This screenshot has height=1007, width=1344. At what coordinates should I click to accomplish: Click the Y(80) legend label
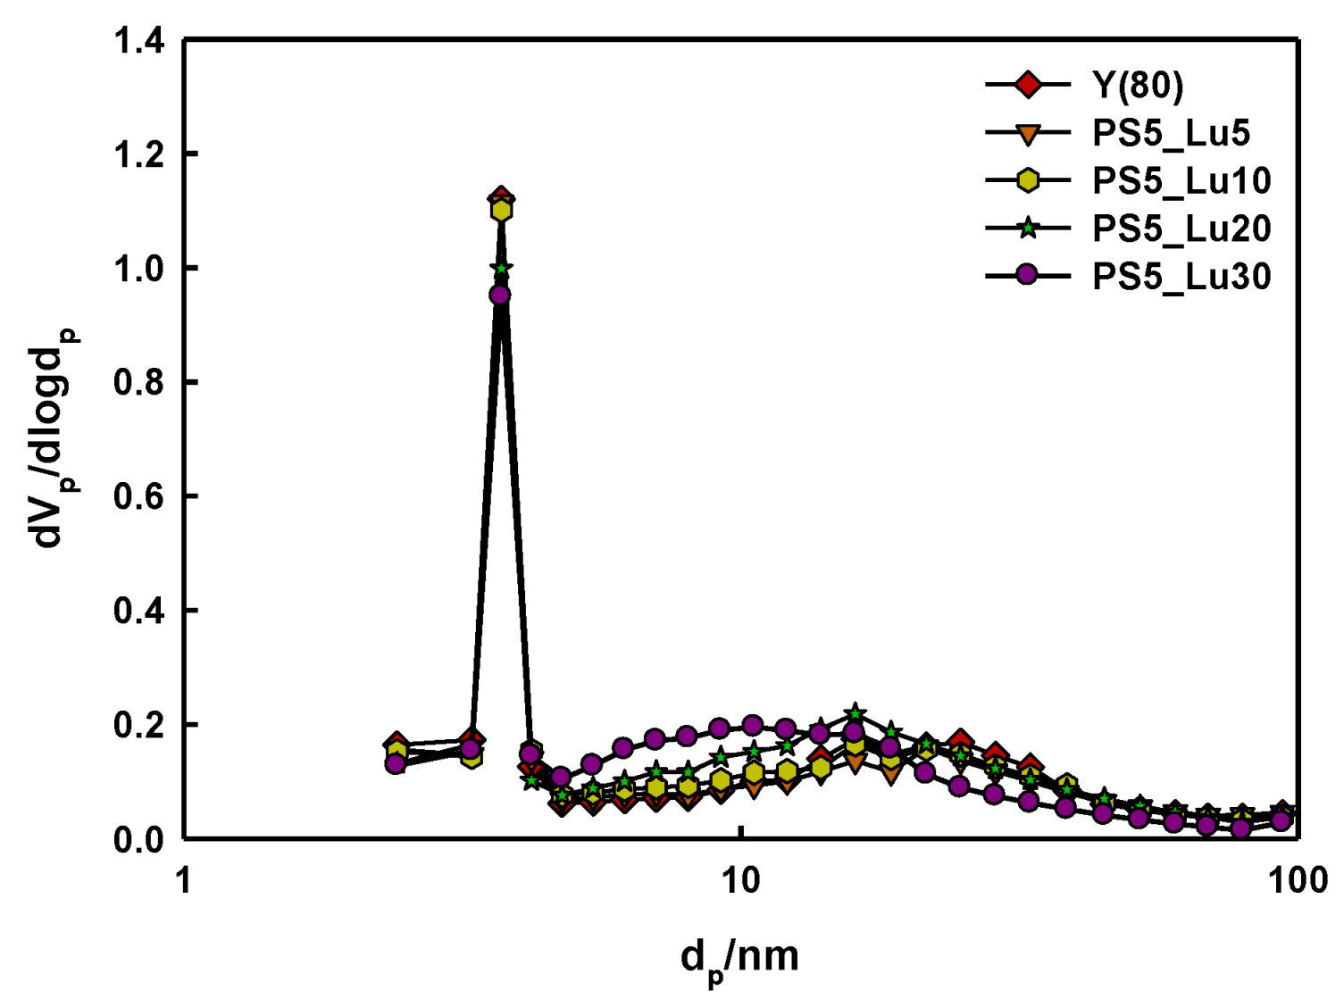coord(1137,85)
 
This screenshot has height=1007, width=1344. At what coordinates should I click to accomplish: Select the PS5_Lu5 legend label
coord(1171,133)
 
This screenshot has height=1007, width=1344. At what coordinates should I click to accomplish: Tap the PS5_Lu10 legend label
coord(1181,181)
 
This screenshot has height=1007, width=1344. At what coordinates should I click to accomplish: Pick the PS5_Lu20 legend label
coord(1181,229)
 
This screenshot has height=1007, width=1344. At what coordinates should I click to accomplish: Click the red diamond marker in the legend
coord(1028,85)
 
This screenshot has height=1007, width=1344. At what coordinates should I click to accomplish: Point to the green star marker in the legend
coord(1028,229)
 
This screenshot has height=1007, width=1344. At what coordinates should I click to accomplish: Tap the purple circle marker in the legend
coord(1028,275)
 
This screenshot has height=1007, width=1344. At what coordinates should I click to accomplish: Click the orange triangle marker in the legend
coord(1028,134)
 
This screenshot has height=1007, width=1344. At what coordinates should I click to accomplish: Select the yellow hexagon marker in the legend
coord(1028,180)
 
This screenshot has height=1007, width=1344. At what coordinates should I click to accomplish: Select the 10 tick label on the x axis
coord(739,881)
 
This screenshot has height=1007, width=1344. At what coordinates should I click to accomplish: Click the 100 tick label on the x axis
coord(1297,881)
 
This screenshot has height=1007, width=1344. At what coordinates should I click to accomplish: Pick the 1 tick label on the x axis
coord(184,881)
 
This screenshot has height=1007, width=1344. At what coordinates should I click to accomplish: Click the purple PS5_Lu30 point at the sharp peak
coord(500,295)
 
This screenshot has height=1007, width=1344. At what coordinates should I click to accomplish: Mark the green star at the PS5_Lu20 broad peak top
coord(855,713)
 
